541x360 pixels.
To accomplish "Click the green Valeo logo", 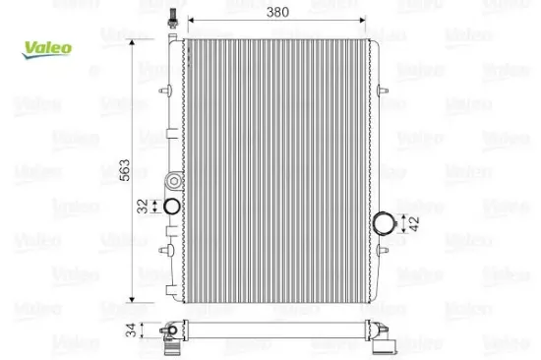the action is (47, 49).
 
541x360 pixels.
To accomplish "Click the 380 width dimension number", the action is (277, 13).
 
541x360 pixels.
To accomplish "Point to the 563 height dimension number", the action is (125, 170).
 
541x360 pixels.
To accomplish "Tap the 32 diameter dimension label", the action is (143, 206).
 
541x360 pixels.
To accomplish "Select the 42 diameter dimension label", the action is (414, 223).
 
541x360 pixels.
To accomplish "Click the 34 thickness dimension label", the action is (131, 330).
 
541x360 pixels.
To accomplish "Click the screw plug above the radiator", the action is (172, 18).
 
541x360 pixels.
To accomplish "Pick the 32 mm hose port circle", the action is (171, 206).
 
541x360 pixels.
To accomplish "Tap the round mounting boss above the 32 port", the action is (174, 181).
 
